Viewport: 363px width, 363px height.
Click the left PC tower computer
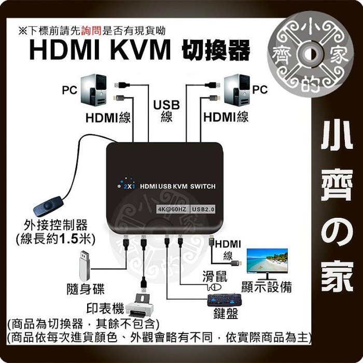click(96, 89)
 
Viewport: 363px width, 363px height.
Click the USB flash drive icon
click(87, 264)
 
